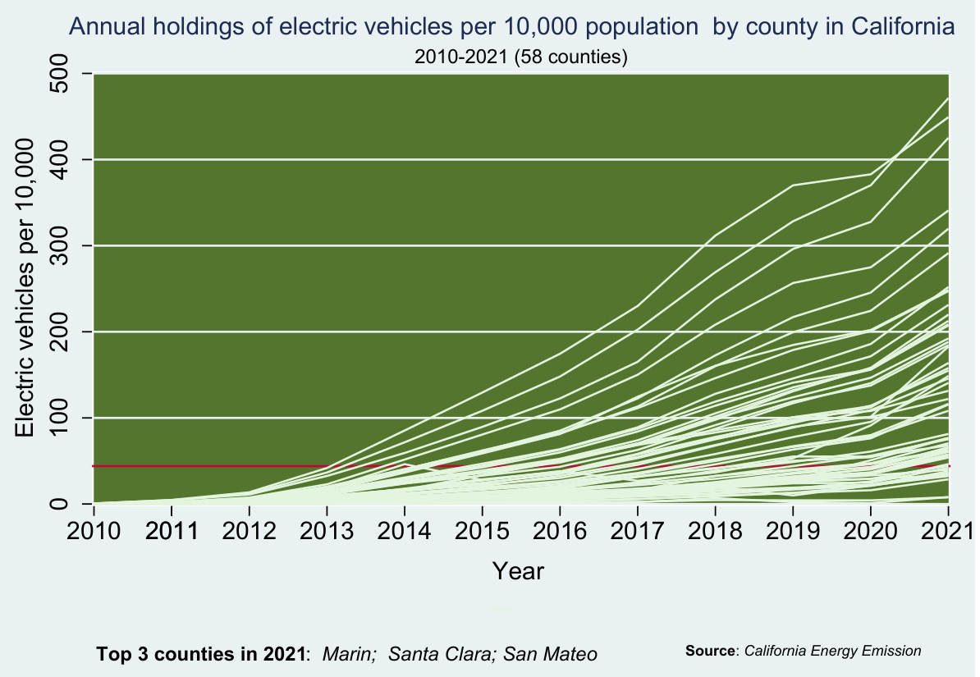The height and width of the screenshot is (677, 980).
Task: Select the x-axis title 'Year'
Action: (518, 570)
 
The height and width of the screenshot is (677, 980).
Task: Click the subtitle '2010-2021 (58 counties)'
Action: (520, 57)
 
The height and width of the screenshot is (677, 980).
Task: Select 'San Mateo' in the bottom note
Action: (550, 654)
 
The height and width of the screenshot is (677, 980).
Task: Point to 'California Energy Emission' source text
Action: (832, 651)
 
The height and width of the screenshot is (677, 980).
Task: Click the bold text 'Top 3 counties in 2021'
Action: (202, 654)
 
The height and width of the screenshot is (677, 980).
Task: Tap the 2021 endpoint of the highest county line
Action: (949, 98)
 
